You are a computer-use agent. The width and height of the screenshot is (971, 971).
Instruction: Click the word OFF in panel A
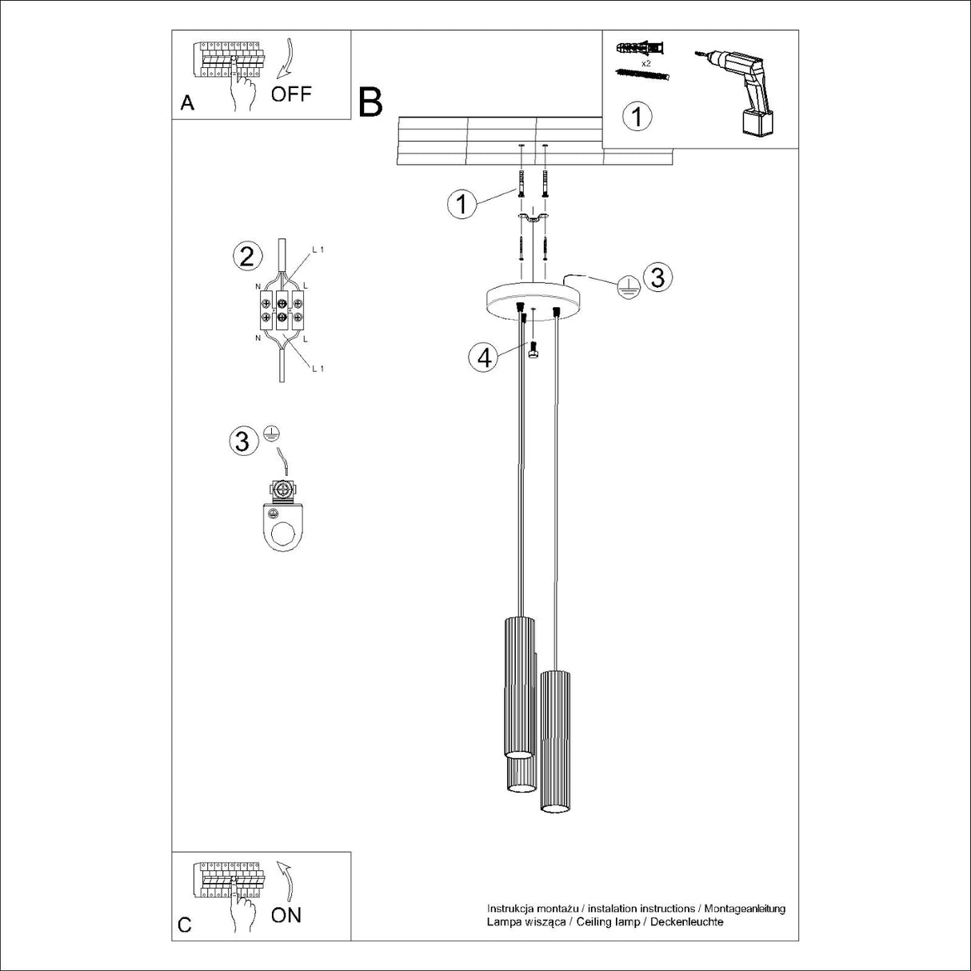(x=290, y=94)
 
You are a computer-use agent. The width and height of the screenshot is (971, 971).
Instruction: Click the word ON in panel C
(x=286, y=915)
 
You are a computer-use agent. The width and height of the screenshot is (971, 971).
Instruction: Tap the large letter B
(x=370, y=102)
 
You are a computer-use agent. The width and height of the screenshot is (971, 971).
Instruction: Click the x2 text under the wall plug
(x=644, y=62)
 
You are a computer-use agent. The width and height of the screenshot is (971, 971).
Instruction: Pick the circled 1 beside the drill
(x=637, y=117)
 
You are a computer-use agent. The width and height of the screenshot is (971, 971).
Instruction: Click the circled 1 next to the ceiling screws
(x=462, y=204)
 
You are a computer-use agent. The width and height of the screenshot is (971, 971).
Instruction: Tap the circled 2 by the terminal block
(x=246, y=257)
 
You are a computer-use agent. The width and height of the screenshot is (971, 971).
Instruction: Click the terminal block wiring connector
(x=282, y=312)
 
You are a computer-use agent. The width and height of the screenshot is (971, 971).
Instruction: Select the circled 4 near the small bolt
(x=484, y=358)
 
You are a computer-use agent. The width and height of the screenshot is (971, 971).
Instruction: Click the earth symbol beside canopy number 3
(x=629, y=287)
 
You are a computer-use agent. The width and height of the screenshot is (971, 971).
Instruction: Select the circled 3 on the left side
(x=242, y=441)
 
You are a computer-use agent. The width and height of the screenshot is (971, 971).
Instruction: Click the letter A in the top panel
(x=187, y=103)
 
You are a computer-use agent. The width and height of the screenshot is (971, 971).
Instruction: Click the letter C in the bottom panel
(x=185, y=925)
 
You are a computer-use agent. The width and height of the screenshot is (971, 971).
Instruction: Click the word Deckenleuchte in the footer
(x=687, y=921)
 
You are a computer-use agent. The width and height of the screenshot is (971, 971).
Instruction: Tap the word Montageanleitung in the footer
(x=745, y=909)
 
